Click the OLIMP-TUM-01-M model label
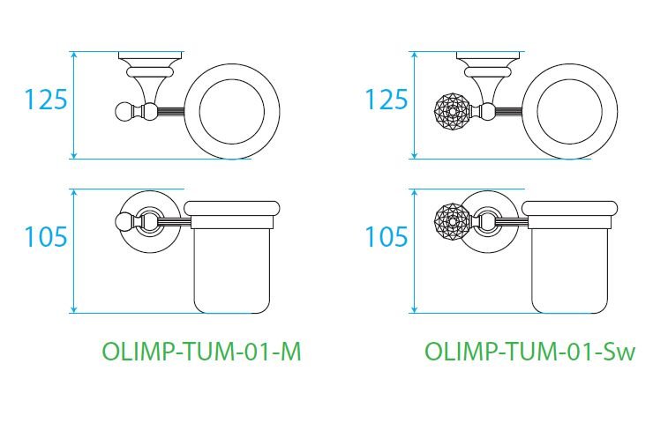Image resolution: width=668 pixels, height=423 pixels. tap(202, 352)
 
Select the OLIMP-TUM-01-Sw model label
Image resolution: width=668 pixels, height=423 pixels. tap(529, 352)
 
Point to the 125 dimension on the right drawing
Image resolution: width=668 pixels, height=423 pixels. tap(387, 100)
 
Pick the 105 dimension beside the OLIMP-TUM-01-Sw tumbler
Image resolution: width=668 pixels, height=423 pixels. tap(387, 237)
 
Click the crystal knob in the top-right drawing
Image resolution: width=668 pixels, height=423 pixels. tap(454, 112)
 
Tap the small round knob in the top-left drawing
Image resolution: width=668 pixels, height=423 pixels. tap(124, 111)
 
